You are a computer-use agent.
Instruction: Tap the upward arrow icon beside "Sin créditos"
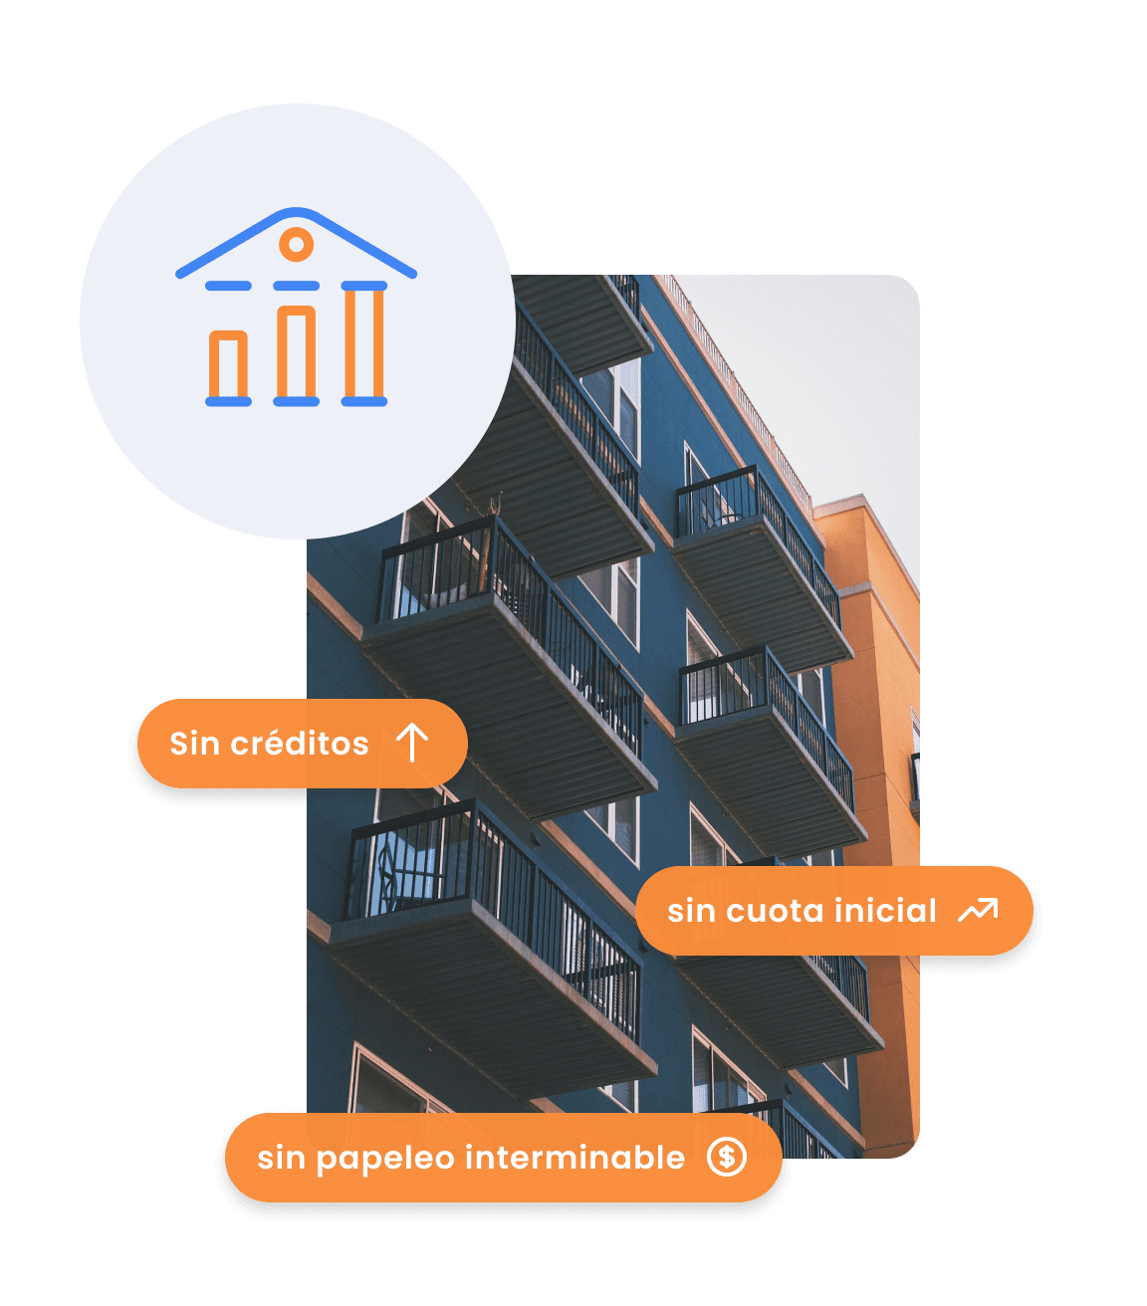point(412,743)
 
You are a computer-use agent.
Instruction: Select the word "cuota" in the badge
point(776,911)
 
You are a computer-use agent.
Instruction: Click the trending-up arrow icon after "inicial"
point(977,910)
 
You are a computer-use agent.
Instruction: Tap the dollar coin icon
point(727,1157)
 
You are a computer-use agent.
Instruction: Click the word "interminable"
point(574,1158)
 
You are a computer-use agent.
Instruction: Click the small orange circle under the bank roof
point(296,244)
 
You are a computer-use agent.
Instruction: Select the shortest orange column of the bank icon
point(228,365)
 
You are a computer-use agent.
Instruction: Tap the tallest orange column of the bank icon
point(363,342)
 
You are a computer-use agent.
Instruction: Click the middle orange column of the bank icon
point(296,353)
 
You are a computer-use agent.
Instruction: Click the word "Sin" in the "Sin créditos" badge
point(194,744)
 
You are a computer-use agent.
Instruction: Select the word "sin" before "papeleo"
point(280,1158)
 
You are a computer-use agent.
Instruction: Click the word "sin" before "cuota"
point(690,911)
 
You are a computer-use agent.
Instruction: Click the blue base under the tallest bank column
point(363,401)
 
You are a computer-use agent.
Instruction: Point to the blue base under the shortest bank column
point(228,401)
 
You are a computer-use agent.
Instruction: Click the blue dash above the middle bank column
point(296,286)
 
